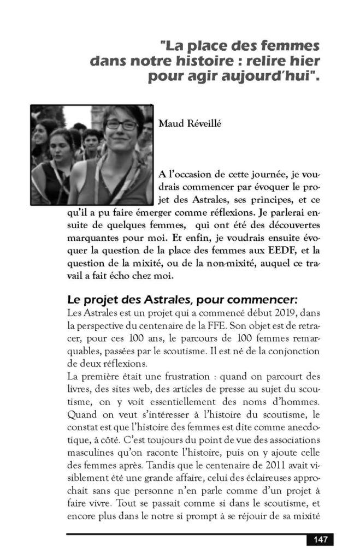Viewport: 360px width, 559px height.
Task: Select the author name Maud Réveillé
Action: (x=187, y=123)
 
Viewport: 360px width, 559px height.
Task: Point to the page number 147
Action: (x=320, y=540)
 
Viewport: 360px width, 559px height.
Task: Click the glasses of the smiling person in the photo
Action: (x=122, y=126)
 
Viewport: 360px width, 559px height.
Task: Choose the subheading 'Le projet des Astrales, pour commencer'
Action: (x=182, y=300)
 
